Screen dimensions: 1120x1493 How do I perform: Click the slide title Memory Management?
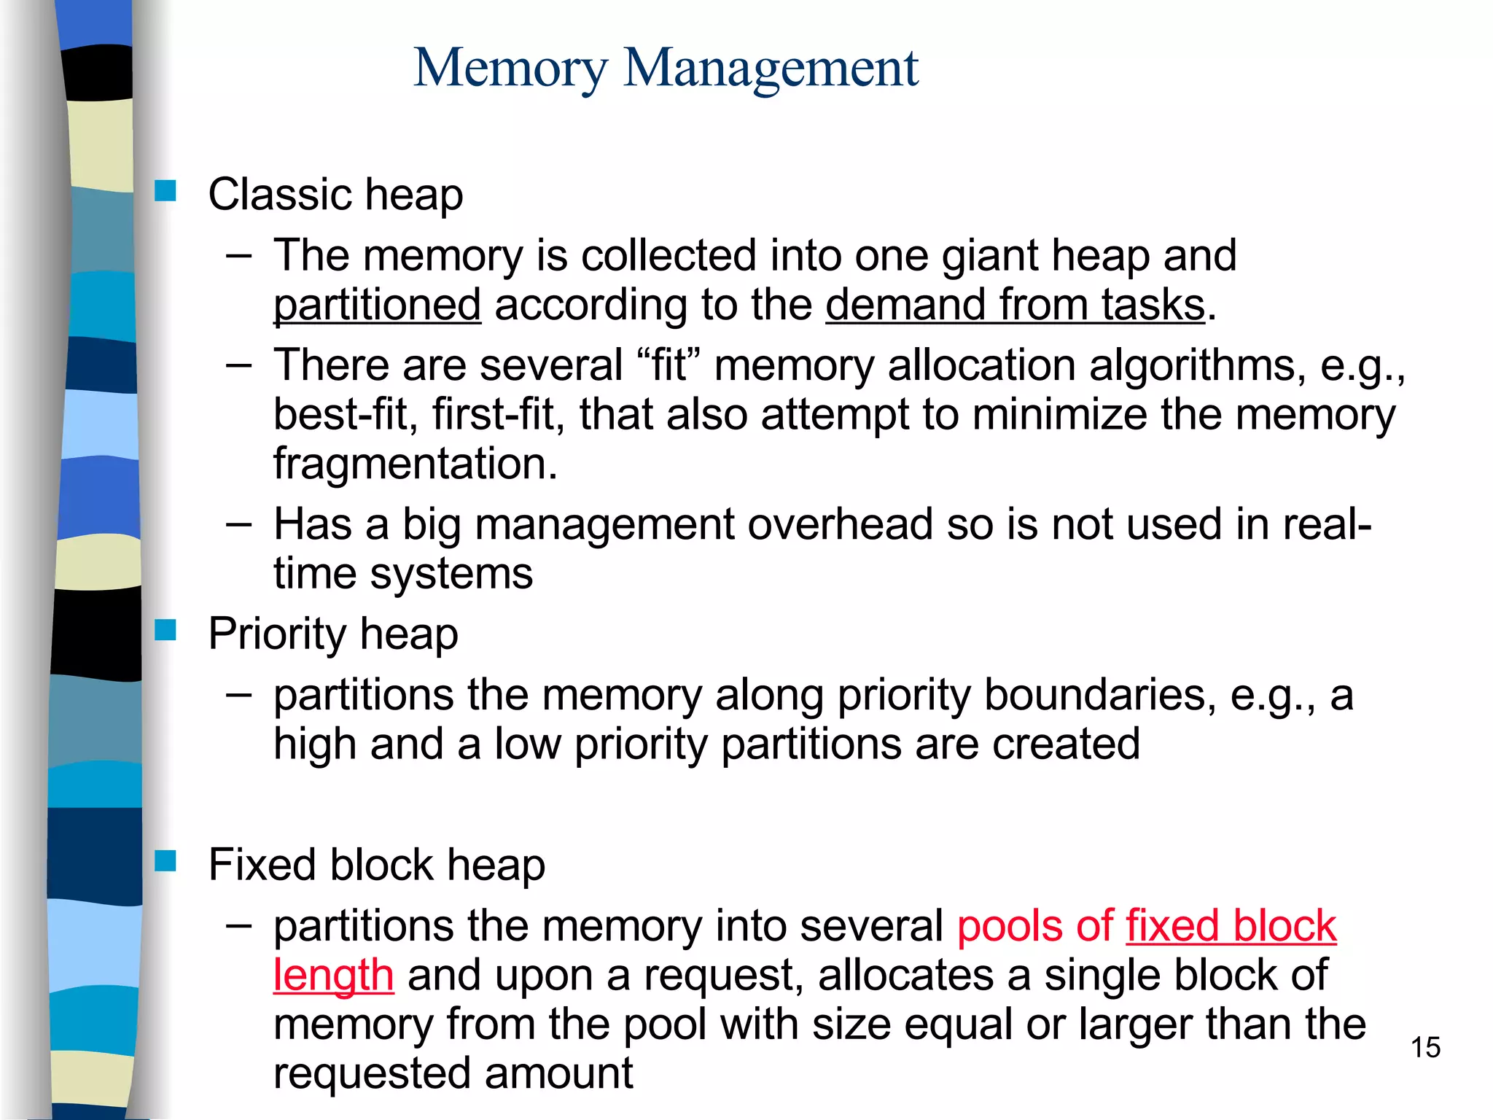tap(666, 68)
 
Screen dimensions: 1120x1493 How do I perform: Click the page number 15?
tap(1425, 1048)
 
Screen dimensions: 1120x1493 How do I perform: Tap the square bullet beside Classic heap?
tap(165, 191)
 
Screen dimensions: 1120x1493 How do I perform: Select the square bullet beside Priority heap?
tap(165, 630)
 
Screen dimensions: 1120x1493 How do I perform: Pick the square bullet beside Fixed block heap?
tap(165, 861)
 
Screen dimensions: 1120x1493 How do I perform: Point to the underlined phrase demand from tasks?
tap(1015, 305)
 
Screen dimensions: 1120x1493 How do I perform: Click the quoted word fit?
tap(668, 365)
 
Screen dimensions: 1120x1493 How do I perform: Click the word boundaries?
tap(1099, 695)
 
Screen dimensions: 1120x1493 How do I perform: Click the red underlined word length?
tap(333, 976)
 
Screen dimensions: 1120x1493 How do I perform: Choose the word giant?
tap(989, 256)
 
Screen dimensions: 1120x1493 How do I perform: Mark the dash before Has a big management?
tap(238, 524)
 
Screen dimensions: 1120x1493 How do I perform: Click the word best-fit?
tap(346, 415)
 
